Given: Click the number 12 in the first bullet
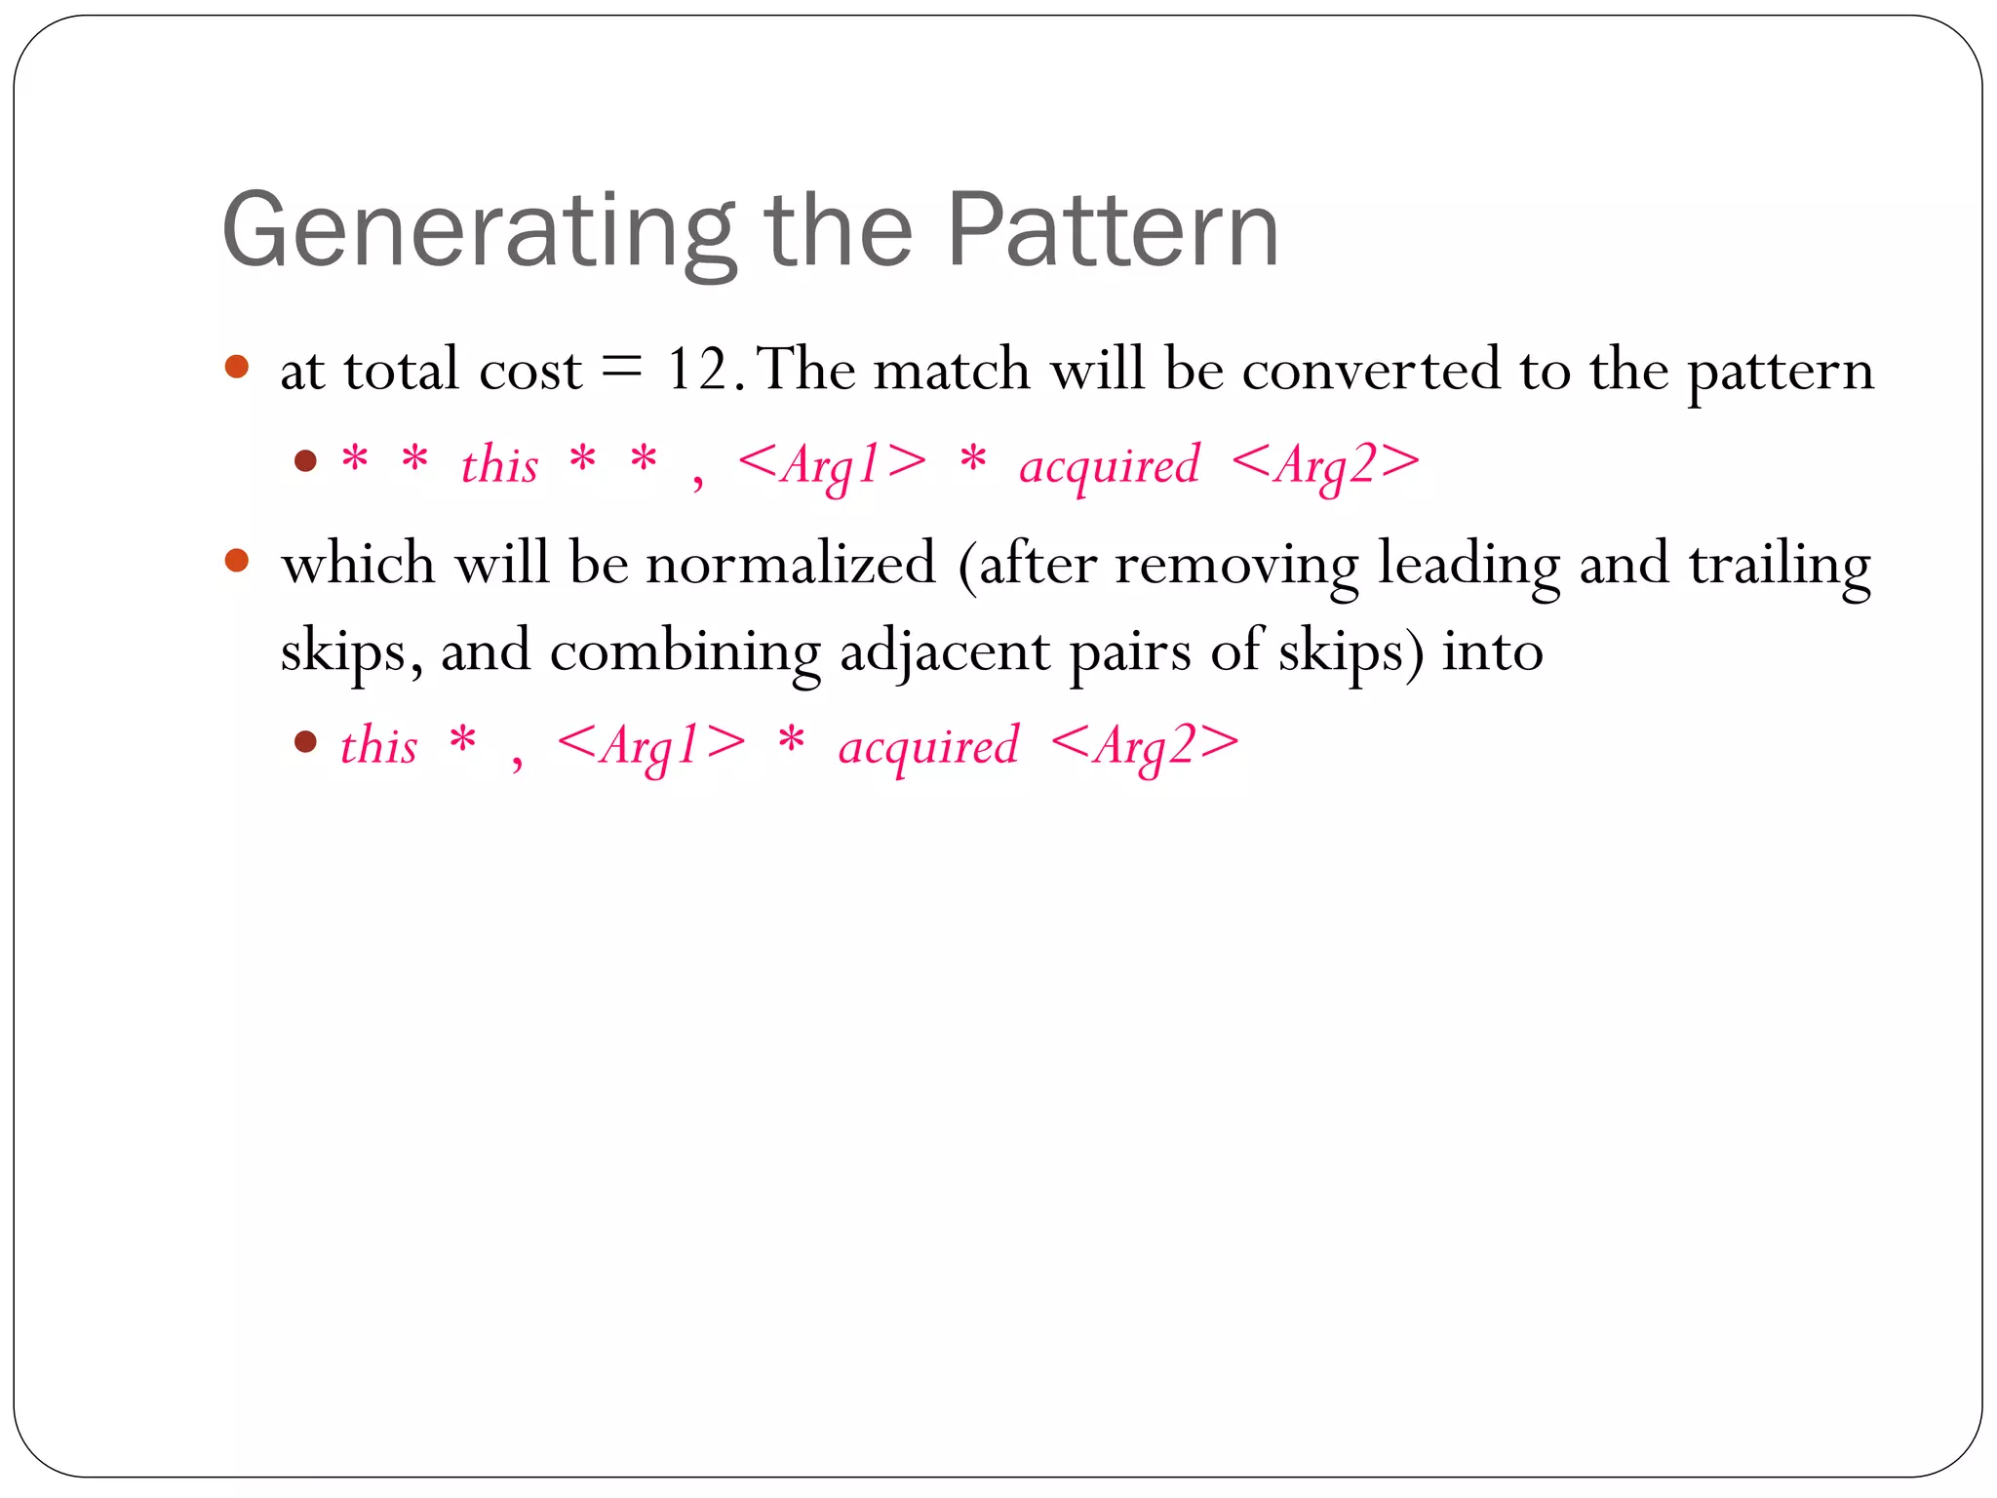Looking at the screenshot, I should (698, 371).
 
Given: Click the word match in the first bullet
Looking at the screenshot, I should (952, 371).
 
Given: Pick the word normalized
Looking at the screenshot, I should (791, 565).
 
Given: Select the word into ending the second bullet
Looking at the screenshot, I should (1492, 651).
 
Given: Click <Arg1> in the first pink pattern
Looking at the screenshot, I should (832, 464).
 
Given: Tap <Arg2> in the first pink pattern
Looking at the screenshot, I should (1325, 464).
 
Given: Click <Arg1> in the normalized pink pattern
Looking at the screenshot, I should (650, 745).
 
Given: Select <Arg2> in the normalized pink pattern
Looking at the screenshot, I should (1145, 745).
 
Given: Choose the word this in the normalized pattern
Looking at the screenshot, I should (378, 745).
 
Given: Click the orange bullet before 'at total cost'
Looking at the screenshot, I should (237, 367).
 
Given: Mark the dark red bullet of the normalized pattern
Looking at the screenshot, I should (305, 742).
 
